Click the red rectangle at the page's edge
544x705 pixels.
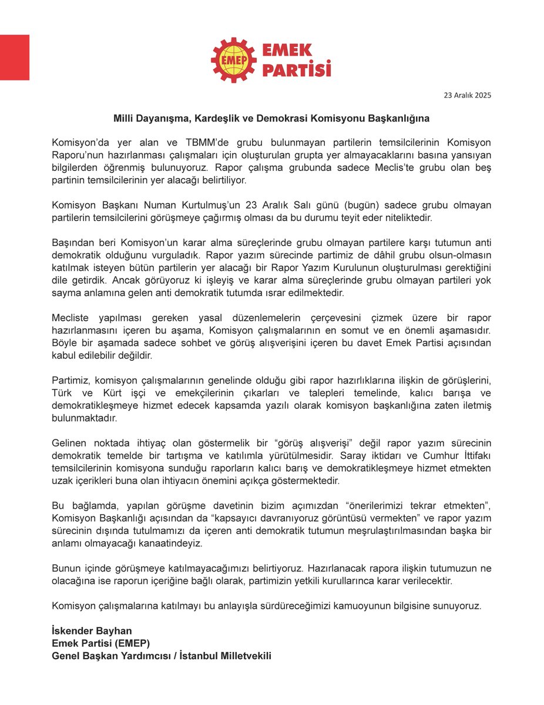(x=14, y=57)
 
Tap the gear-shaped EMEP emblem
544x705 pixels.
(x=233, y=60)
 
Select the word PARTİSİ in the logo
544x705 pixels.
(x=296, y=70)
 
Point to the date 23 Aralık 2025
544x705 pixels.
(x=468, y=95)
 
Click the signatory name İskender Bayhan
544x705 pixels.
(x=92, y=630)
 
